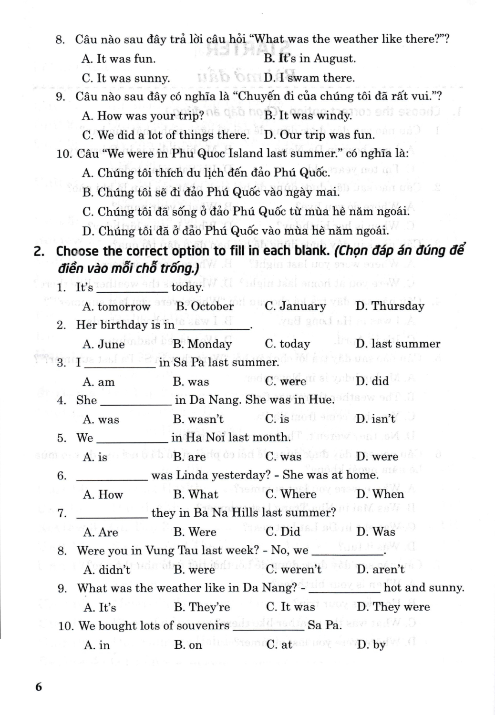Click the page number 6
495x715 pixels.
coord(39,687)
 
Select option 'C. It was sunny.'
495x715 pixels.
coord(126,78)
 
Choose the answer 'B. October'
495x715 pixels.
coord(204,306)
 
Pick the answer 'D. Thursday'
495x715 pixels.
coord(390,306)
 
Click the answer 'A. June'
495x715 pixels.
coord(103,344)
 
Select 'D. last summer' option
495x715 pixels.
coord(398,344)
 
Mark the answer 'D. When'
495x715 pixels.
coord(380,495)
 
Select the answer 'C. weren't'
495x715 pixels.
coord(294,570)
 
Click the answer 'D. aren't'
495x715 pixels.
coord(381,570)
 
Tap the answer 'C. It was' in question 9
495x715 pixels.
coord(291,607)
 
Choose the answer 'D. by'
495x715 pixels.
coord(371,645)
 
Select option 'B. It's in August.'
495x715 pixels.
coord(310,59)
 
